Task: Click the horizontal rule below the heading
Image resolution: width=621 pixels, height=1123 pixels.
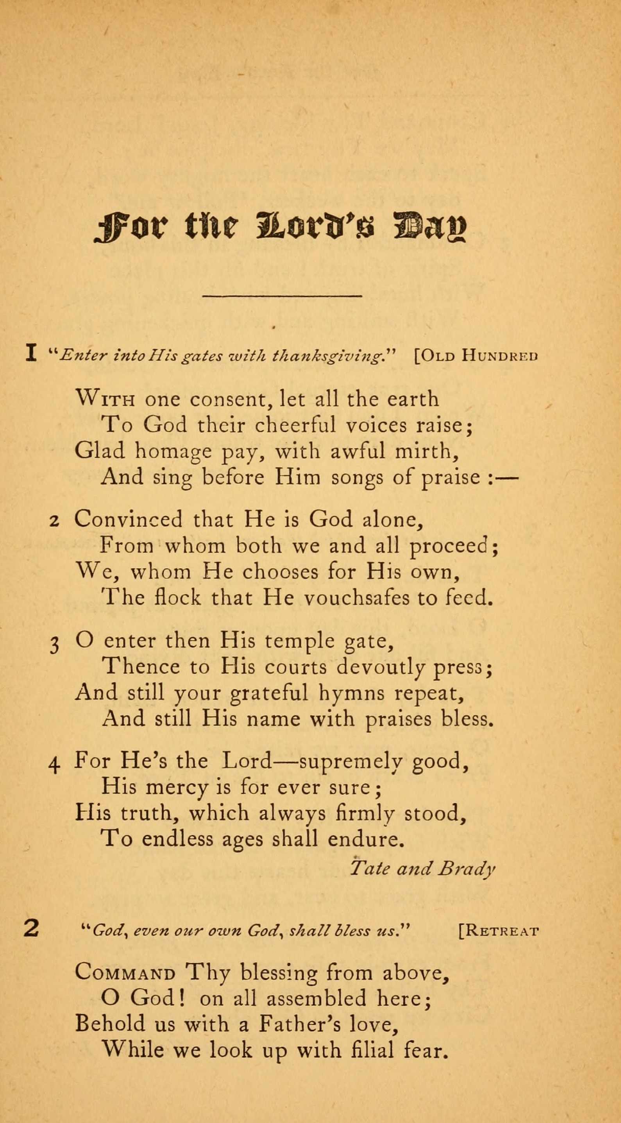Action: [x=283, y=296]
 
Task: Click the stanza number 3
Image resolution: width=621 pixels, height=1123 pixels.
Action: [x=54, y=645]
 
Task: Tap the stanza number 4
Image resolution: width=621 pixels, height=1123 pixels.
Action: [x=54, y=765]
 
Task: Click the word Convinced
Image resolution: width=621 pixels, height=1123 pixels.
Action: [x=128, y=519]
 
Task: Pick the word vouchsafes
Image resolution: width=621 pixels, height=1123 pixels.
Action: [x=356, y=598]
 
